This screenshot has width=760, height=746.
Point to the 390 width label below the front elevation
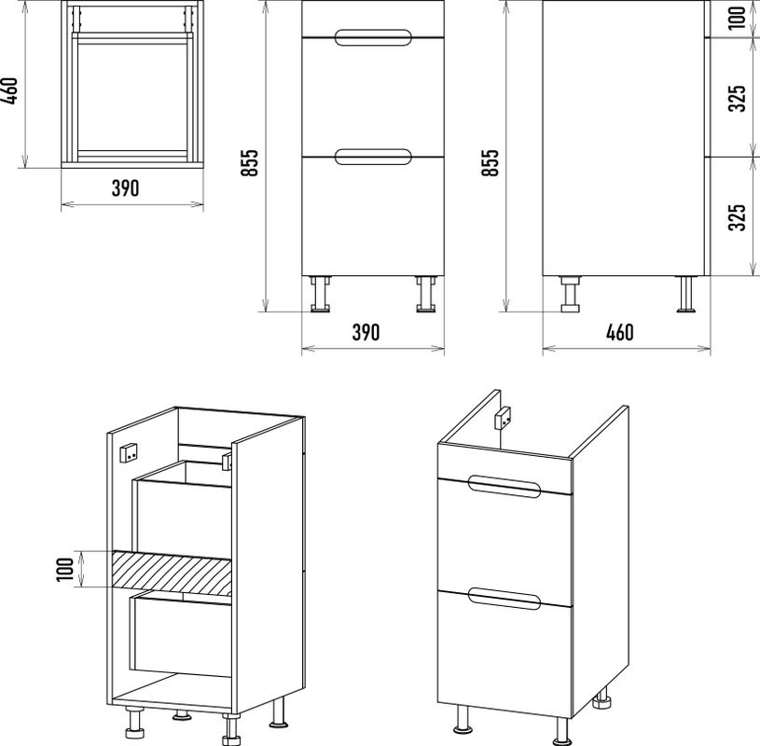(x=366, y=333)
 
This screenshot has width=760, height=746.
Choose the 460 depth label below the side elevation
(x=619, y=333)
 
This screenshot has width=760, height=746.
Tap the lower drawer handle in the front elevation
(x=372, y=156)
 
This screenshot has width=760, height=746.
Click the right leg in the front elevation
(x=425, y=293)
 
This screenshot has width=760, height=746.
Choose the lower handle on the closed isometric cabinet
(x=504, y=598)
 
